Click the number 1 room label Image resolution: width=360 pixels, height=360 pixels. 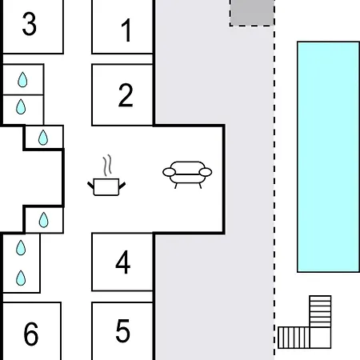[126, 30]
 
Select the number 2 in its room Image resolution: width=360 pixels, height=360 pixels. [126, 95]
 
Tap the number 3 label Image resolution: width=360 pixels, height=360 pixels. [30, 24]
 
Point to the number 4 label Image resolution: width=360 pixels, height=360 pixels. [123, 262]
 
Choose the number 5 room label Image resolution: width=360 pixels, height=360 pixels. [123, 330]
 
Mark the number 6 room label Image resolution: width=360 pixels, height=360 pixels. [31, 334]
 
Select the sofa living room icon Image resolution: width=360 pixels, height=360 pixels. [187, 174]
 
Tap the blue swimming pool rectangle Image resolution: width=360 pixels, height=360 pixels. [328, 157]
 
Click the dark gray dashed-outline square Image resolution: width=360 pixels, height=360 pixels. [252, 13]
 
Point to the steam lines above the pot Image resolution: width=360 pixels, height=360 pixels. [107, 166]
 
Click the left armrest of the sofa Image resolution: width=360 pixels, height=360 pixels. [169, 172]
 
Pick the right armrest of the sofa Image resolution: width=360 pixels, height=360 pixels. [206, 172]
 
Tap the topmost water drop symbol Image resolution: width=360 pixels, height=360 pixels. [22, 80]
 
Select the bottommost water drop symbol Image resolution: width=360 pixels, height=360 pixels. [21, 278]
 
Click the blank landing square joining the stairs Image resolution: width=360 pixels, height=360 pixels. [320, 338]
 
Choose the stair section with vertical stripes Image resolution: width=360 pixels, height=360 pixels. [294, 338]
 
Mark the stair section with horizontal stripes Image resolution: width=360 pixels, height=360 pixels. [320, 311]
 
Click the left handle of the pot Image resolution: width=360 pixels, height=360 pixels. [90, 185]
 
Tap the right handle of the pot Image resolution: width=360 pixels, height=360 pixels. [122, 186]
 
